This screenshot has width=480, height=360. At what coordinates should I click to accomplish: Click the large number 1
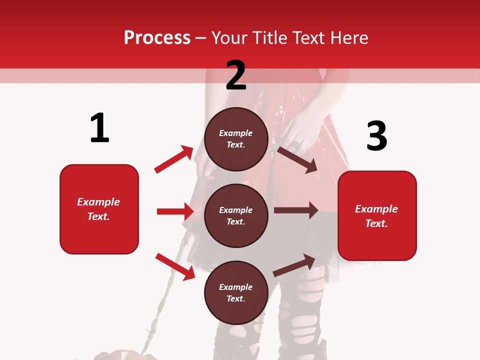point(99,128)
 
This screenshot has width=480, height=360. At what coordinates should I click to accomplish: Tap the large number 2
point(236,75)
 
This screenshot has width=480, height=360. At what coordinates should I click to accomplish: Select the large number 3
point(377,136)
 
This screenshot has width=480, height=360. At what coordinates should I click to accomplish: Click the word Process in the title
point(157,37)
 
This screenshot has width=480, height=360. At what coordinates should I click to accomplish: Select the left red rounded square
point(99,209)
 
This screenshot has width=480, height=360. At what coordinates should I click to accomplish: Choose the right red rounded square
point(377,215)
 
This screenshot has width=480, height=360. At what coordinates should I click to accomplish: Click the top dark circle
point(236,139)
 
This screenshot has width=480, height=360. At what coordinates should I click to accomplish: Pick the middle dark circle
point(236,215)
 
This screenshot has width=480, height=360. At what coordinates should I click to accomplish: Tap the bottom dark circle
point(236,292)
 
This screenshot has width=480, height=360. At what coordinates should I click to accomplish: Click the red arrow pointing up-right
point(174,159)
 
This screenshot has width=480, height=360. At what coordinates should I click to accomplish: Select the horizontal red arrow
point(175,211)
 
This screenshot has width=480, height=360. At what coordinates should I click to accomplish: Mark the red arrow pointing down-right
point(175,266)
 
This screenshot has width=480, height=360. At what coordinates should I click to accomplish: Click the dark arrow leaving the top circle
point(297,159)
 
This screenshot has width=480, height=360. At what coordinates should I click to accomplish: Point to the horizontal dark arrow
point(296,210)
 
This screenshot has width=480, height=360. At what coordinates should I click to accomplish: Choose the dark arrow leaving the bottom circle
point(294,265)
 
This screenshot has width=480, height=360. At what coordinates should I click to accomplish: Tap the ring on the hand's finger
point(296,145)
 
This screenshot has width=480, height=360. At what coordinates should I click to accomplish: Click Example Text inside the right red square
point(376,216)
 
